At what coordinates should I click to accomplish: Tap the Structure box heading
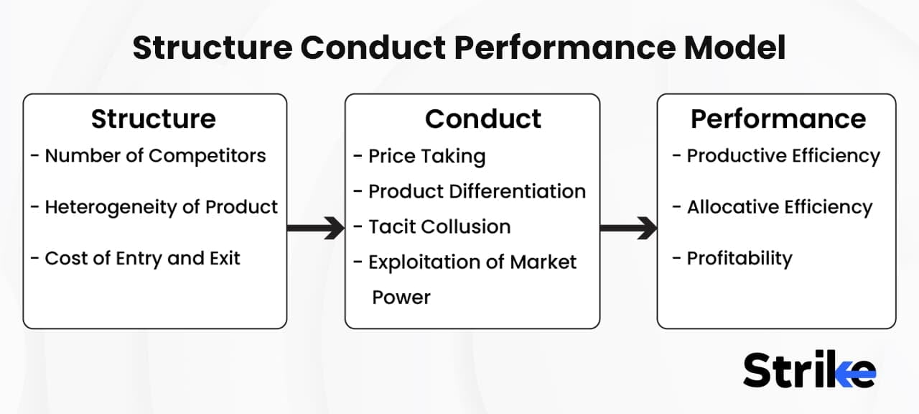click(x=153, y=119)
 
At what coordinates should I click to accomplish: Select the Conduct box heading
click(x=482, y=119)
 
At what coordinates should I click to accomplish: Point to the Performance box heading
click(x=778, y=119)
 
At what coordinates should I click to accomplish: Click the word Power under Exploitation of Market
click(x=401, y=297)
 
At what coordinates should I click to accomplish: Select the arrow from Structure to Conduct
click(x=316, y=229)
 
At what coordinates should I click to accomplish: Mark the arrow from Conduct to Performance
click(x=628, y=229)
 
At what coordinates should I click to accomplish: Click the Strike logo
click(x=809, y=371)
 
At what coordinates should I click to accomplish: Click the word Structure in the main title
click(x=212, y=48)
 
